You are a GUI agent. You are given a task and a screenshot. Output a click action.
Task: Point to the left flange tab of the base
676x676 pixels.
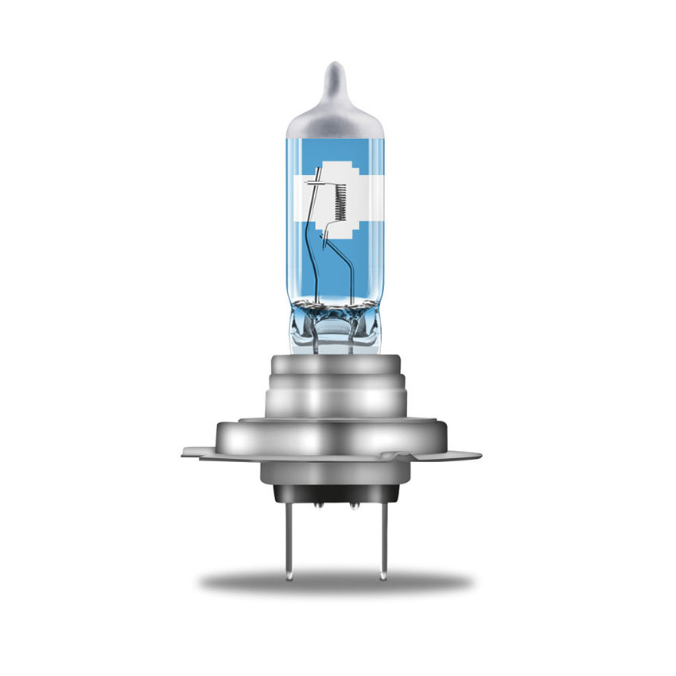tap(195, 453)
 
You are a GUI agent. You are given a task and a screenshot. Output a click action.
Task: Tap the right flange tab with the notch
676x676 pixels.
tap(461, 456)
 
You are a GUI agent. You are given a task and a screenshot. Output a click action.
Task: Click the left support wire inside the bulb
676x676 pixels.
tap(314, 254)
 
